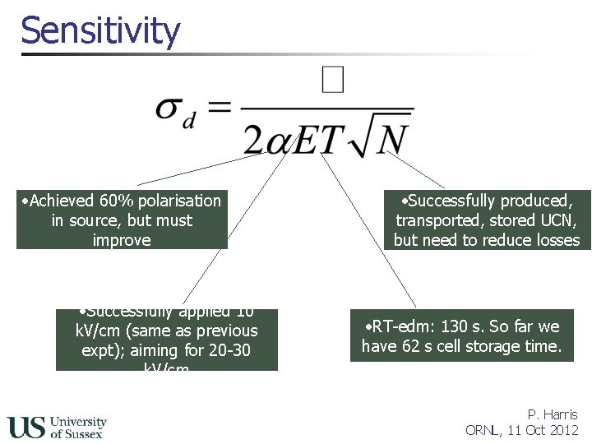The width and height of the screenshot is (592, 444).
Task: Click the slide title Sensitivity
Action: (100, 30)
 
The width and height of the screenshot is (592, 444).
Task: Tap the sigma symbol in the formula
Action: (170, 109)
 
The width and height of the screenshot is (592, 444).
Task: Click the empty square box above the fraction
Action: (332, 81)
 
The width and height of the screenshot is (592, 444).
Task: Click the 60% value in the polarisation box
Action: (113, 201)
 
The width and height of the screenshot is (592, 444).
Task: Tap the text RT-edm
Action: (390, 326)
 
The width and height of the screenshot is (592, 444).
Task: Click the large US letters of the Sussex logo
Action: (26, 427)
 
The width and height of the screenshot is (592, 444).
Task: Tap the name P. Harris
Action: (553, 414)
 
